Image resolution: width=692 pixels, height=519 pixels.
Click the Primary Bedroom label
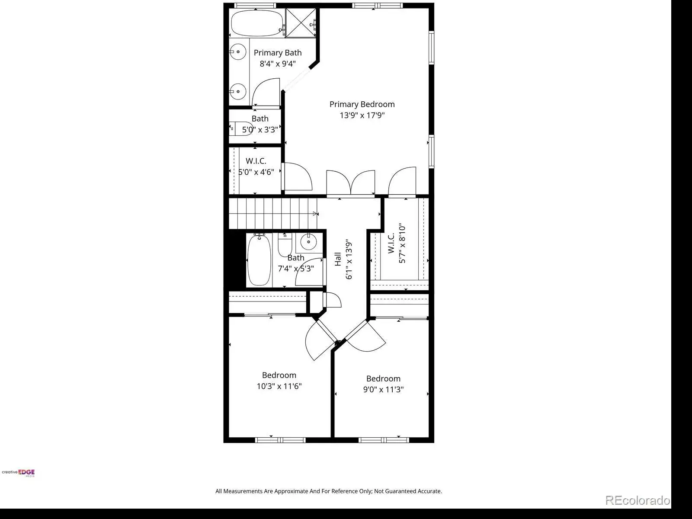(x=362, y=104)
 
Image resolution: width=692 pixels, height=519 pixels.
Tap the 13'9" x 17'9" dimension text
(x=362, y=115)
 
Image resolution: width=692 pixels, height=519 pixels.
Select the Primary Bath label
(x=277, y=53)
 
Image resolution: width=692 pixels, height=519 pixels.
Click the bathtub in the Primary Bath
(x=257, y=23)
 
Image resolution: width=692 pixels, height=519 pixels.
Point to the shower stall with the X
(x=301, y=22)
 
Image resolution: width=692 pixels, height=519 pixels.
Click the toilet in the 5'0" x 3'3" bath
(x=241, y=128)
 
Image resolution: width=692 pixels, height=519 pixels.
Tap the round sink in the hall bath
(x=308, y=242)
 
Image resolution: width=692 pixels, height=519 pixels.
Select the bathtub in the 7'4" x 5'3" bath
(x=259, y=259)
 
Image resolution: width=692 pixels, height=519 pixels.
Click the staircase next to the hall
(x=273, y=213)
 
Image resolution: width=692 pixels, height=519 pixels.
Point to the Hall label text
(x=338, y=259)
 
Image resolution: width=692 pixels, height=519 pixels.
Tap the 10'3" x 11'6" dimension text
(x=279, y=386)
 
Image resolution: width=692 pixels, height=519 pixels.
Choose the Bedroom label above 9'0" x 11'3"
(x=383, y=378)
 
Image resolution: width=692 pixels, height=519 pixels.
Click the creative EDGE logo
(x=18, y=472)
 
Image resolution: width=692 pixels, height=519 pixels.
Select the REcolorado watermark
(x=638, y=500)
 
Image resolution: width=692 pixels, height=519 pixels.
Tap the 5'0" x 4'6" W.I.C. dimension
(x=256, y=172)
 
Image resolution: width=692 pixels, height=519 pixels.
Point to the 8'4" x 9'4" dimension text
(x=277, y=64)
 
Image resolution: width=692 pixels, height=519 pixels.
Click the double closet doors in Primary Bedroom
(x=351, y=183)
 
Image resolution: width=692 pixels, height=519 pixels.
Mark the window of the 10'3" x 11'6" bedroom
(x=280, y=440)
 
